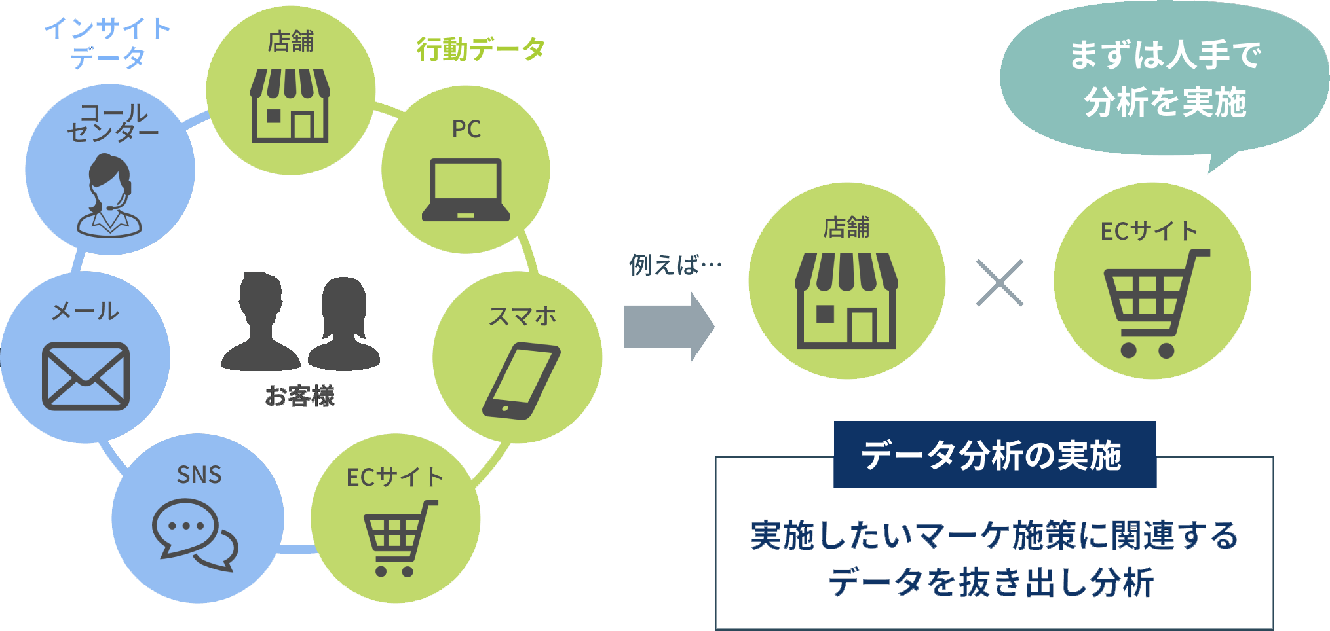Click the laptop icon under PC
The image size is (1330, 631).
(466, 190)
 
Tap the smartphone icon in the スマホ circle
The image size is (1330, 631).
(522, 381)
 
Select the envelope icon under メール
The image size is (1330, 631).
(86, 376)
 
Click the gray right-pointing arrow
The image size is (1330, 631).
(668, 326)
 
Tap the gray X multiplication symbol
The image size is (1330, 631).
(999, 283)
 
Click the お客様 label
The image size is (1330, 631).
(300, 396)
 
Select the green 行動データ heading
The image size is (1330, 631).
(480, 49)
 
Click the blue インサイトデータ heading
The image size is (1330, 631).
(107, 43)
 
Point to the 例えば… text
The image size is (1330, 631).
(675, 265)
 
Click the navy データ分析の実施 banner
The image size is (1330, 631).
(994, 455)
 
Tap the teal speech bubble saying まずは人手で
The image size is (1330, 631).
(1164, 79)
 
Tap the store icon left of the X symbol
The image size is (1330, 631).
(846, 300)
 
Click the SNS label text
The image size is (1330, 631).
(199, 475)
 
